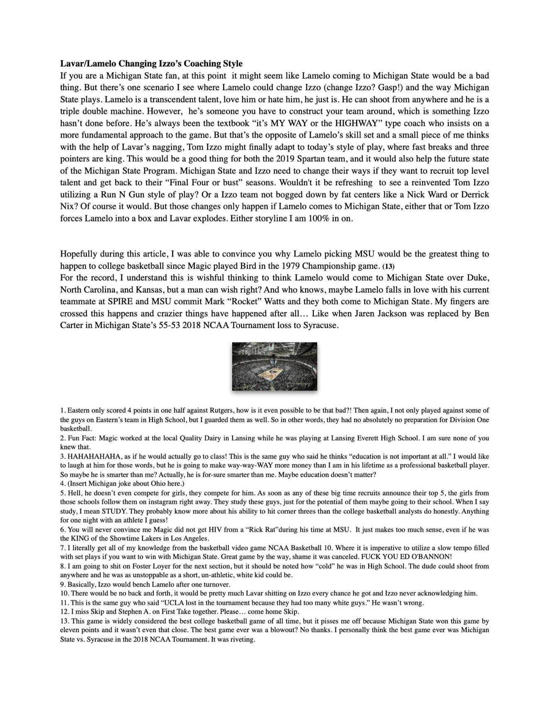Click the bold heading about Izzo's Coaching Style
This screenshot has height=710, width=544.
pyautogui.click(x=151, y=63)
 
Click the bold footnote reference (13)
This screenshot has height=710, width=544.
pyautogui.click(x=388, y=266)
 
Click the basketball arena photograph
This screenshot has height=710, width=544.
pyautogui.click(x=274, y=366)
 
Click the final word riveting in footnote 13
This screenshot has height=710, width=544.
pyautogui.click(x=242, y=639)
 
